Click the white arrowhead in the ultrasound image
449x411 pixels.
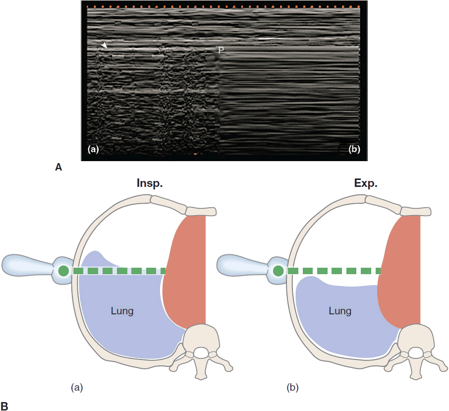pos(104,46)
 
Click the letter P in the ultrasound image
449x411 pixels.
pos(221,50)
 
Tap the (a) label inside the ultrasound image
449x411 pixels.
pos(93,149)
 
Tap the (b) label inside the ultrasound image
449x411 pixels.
pos(354,149)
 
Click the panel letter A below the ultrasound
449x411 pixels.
pos(58,168)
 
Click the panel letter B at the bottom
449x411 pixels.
pos(4,406)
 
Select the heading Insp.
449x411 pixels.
pos(150,183)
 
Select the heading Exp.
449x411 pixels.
pos(365,183)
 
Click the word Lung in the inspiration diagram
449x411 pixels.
pos(122,311)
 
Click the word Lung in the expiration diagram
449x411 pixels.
pos(339,311)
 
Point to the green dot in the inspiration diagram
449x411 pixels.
pos(63,271)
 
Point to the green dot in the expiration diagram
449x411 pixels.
pos(279,271)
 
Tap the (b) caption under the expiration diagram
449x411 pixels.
pos(293,386)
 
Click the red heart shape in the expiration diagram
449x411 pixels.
pos(402,273)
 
